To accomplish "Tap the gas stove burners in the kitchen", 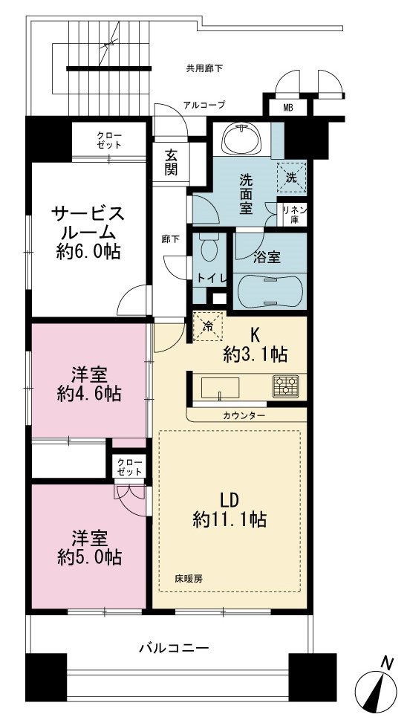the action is coord(285,386).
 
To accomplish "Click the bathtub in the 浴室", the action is coord(270,291).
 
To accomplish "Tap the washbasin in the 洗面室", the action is coord(241,137).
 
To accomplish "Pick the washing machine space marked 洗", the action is coord(291,175).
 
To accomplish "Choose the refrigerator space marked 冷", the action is coord(208,326).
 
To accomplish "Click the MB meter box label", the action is coord(288,108).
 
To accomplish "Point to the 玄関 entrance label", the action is coord(172,163).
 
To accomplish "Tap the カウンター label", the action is coord(244,415).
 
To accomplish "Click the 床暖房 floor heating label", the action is coord(188,579).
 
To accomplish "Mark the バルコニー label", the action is coord(174,649).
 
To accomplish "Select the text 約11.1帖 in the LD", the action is coord(230,519).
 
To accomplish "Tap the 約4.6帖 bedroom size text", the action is coord(90,394).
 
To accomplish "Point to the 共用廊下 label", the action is coord(204,69).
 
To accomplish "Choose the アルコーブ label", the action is coord(204,105).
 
